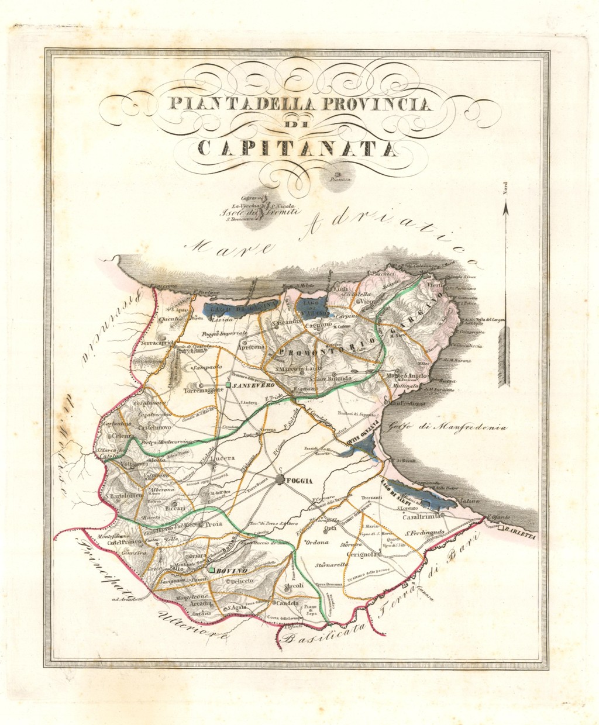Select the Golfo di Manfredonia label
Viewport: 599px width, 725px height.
click(x=453, y=427)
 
